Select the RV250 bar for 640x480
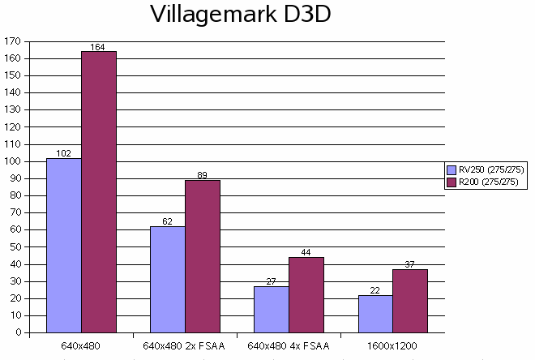click(64, 245)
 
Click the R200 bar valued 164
click(98, 192)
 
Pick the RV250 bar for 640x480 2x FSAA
click(168, 279)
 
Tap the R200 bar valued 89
click(203, 256)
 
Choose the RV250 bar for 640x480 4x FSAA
click(272, 309)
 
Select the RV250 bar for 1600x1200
click(375, 313)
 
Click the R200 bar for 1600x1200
click(410, 301)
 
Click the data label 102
click(64, 153)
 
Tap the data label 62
click(168, 221)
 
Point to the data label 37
click(410, 264)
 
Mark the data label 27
click(272, 281)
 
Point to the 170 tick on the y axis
click(12, 41)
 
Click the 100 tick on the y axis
click(12, 161)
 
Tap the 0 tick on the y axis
click(17, 332)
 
